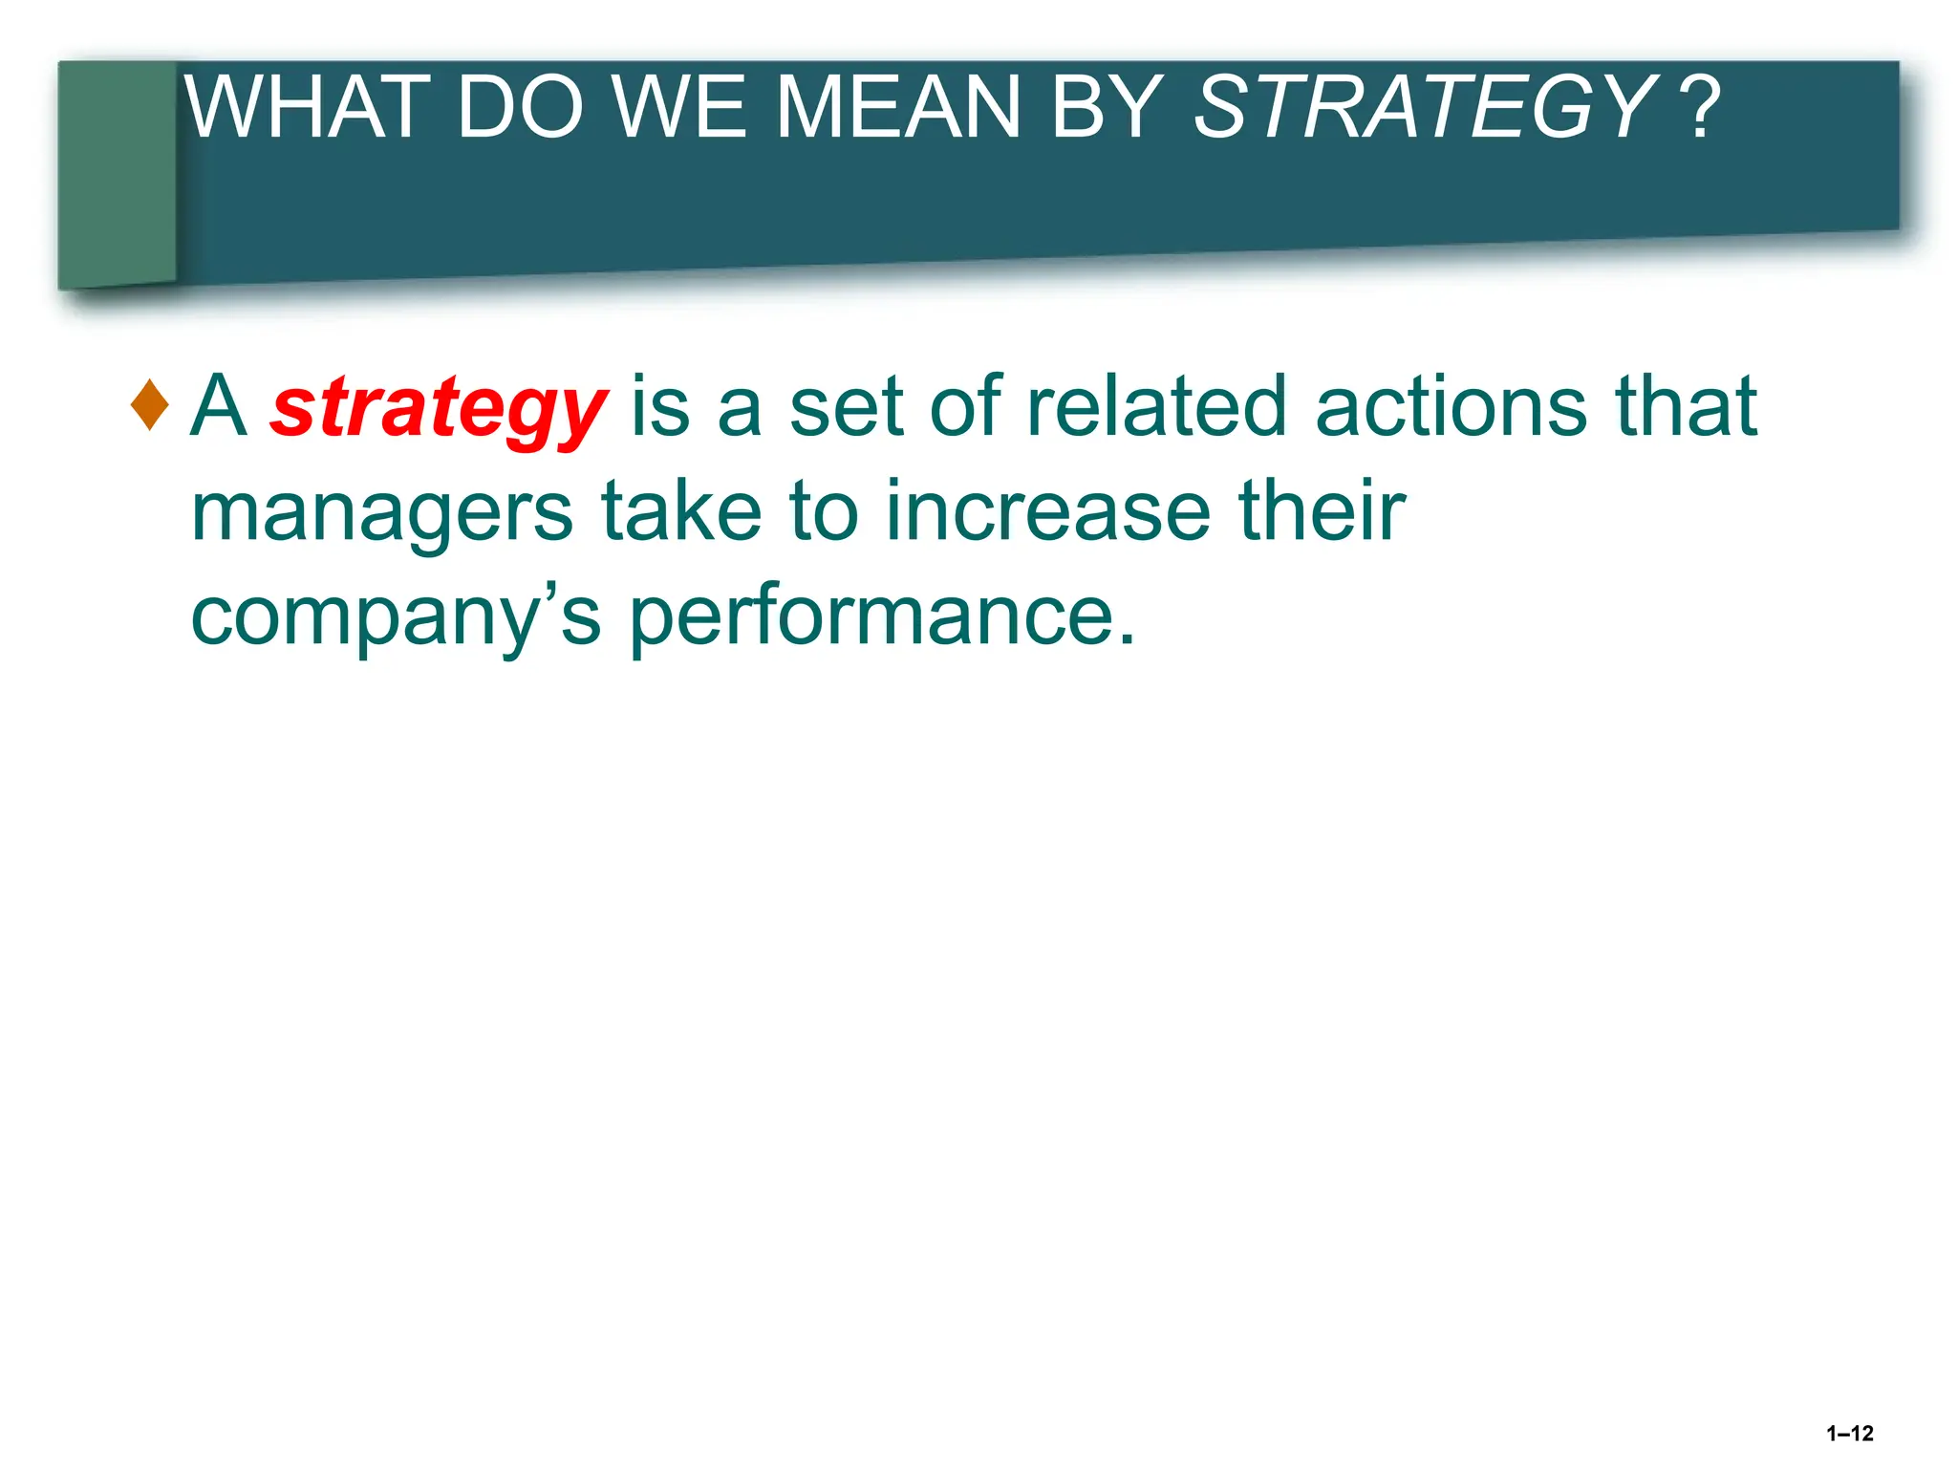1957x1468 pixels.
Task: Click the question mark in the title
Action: click(1703, 107)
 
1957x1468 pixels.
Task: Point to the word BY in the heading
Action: click(1106, 107)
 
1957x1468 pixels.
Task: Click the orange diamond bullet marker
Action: click(150, 405)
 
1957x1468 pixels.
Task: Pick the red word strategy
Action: click(439, 409)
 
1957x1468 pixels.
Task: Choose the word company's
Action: click(396, 616)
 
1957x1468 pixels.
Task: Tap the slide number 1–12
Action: click(1849, 1433)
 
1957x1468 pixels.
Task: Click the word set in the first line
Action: click(846, 407)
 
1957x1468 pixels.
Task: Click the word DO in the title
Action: click(520, 107)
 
